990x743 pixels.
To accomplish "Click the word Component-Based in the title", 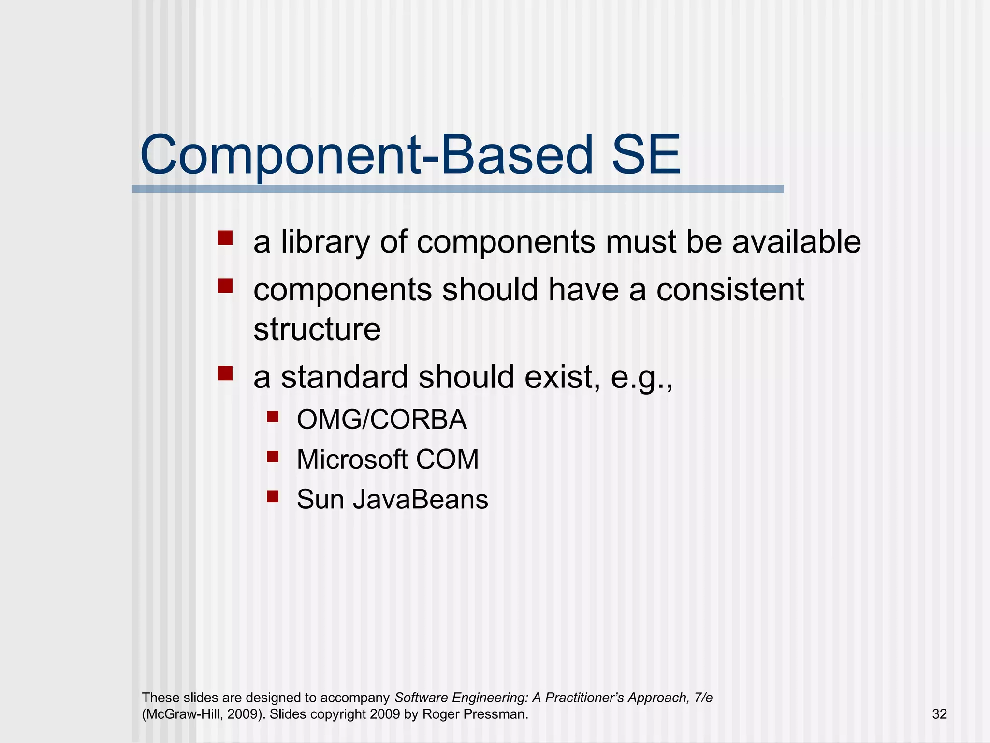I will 366,156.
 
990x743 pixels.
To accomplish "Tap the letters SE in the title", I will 645,156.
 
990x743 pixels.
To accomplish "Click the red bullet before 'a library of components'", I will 225,238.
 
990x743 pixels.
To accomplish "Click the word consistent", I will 730,290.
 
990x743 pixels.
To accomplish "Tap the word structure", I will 317,329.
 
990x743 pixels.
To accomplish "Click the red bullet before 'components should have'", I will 225,286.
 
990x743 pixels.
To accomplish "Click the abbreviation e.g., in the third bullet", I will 642,378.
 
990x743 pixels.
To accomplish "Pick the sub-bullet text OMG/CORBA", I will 381,419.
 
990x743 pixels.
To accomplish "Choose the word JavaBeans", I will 420,499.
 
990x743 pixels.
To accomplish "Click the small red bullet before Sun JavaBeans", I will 273,496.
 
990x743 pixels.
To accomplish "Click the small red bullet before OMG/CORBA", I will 273,416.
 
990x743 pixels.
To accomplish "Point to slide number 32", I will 939,714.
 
